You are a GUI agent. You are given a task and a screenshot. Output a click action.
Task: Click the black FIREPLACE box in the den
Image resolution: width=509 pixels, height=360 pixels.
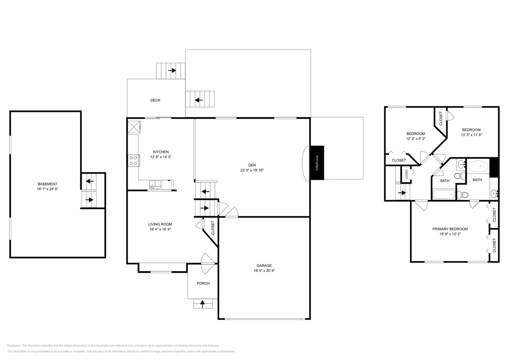pyautogui.click(x=317, y=163)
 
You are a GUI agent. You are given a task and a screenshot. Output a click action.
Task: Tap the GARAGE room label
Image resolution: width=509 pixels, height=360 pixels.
pyautogui.click(x=264, y=266)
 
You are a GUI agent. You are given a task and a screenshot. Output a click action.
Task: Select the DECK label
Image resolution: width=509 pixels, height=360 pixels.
pyautogui.click(x=155, y=100)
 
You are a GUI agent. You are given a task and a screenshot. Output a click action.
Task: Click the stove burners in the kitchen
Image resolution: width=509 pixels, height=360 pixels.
pyautogui.click(x=133, y=160)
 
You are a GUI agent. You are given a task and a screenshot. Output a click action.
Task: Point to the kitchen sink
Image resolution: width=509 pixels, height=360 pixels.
pyautogui.click(x=155, y=184)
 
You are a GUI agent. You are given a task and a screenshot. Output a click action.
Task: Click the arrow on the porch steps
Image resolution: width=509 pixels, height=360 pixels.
pyautogui.click(x=202, y=304)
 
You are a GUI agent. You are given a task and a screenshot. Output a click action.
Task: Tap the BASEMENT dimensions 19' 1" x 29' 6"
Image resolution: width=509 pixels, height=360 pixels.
pyautogui.click(x=48, y=189)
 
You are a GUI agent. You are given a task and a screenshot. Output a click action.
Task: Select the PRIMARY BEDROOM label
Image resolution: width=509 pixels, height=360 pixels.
pyautogui.click(x=450, y=229)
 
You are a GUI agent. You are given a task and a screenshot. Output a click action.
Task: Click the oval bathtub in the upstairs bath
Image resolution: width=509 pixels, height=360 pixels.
pyautogui.click(x=478, y=166)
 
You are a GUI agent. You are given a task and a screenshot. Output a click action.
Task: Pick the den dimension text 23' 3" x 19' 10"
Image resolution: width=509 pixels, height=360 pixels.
pyautogui.click(x=252, y=170)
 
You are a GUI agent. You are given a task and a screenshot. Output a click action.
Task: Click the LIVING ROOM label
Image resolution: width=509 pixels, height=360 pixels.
pyautogui.click(x=160, y=224)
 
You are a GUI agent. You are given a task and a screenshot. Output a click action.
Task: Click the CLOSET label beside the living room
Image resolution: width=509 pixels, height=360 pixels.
pyautogui.click(x=213, y=228)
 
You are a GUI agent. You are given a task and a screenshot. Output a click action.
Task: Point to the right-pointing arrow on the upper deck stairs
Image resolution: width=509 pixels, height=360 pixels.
pyautogui.click(x=172, y=70)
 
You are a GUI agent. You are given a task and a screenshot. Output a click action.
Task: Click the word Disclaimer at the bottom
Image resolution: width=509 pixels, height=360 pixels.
pyautogui.click(x=14, y=346)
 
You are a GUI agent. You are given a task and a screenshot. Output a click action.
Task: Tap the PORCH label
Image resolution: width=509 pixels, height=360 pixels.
pyautogui.click(x=203, y=284)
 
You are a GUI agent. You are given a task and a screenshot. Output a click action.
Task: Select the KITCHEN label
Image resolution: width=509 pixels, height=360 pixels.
pyautogui.click(x=160, y=152)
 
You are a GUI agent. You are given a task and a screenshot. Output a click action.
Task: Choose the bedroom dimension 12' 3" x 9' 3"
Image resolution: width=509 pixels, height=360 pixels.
pyautogui.click(x=415, y=139)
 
